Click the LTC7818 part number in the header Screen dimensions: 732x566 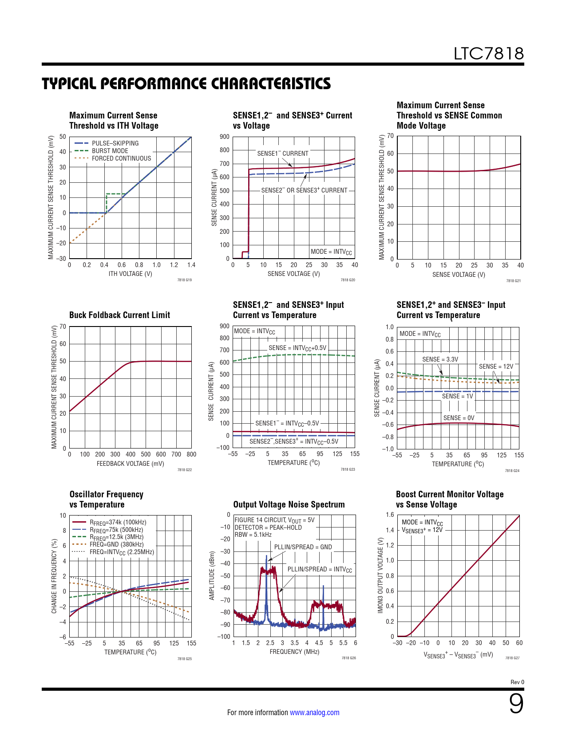pos(488,54)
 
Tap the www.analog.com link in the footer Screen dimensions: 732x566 pos(314,712)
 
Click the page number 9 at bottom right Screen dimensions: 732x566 pos(516,704)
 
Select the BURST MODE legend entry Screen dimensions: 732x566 pos(110,151)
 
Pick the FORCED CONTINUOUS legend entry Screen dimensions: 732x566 pos(121,158)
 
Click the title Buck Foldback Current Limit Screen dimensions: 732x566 pos(119,315)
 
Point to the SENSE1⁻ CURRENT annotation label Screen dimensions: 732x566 pos(283,153)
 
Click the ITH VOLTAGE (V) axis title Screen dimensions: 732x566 pos(130,274)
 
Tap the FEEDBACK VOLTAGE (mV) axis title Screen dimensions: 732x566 pos(130,464)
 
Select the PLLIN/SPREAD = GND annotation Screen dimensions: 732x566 pos(303,547)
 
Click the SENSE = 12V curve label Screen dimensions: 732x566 pos(496,366)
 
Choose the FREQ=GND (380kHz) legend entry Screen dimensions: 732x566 pos(116,544)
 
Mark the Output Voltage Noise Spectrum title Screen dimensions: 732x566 pos(289,504)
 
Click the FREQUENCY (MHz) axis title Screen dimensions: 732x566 pos(294,652)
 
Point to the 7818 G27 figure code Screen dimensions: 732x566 pos(512,658)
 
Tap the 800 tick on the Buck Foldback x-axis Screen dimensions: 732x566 pos(191,454)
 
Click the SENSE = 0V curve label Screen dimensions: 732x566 pos(459,418)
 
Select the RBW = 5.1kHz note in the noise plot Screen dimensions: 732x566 pos(253,535)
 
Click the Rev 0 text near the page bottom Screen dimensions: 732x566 pos(517,682)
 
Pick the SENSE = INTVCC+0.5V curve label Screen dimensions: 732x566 pos(297,348)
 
